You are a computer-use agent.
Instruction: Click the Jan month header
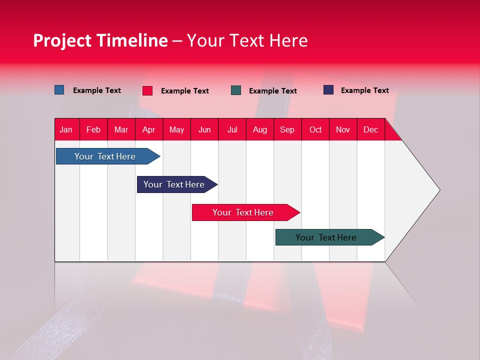point(66,130)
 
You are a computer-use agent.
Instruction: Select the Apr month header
point(148,130)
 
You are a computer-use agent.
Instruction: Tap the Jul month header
point(232,130)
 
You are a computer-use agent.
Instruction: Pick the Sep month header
point(287,130)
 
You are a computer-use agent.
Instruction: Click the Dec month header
point(370,130)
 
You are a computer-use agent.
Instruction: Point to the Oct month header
point(315,130)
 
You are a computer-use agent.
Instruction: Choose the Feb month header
point(93,130)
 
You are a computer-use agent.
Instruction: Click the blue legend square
point(59,90)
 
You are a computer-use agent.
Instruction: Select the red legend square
point(147,90)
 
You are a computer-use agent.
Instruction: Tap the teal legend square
point(235,90)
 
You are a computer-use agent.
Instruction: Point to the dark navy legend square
point(328,90)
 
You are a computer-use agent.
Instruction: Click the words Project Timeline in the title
point(100,40)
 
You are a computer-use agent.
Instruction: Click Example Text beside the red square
point(184,91)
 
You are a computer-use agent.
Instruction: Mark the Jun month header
point(204,130)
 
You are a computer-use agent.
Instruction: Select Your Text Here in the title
point(247,40)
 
